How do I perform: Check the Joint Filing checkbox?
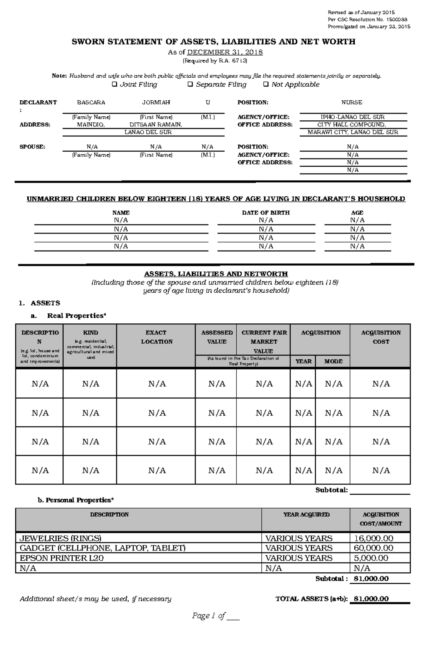pos(114,85)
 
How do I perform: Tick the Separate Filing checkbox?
pos(191,85)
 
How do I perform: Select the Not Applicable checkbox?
pos(266,85)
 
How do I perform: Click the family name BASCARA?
pos(91,102)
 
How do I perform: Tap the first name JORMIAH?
pos(156,102)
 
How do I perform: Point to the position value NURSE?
pos(351,102)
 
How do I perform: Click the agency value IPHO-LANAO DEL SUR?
pos(352,117)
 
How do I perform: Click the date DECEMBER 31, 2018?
pos(225,52)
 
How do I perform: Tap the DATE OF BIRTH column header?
pos(266,212)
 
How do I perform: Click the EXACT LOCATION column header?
pos(156,337)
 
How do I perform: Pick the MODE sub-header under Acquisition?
pos(333,361)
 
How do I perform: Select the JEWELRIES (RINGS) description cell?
pos(60,538)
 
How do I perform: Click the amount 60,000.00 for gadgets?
pos(373,548)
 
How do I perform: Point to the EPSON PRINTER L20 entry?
pos(61,558)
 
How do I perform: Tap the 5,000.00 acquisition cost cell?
pos(371,558)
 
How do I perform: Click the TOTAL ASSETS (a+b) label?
pos(311,599)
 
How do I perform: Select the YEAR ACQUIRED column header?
pos(306,514)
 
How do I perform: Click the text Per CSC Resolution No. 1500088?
pos(367,20)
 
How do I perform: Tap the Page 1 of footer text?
pos(209,616)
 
